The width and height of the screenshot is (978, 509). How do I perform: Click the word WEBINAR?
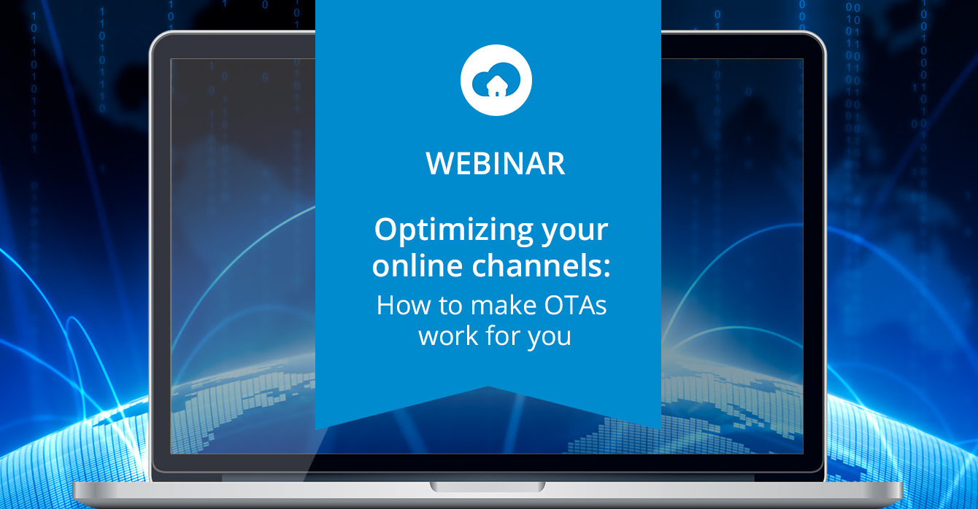coord(496,163)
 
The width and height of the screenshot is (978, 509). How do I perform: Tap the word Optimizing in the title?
coord(454,231)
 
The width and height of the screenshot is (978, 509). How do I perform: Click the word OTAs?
coord(575,306)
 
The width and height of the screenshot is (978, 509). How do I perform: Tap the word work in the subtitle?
coord(448,336)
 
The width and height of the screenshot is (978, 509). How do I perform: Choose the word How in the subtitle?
coord(404,306)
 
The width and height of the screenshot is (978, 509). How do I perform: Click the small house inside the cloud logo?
coord(496,86)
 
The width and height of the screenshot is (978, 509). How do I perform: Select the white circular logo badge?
coord(496,79)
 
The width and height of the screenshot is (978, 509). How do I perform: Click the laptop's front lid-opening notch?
coord(488,486)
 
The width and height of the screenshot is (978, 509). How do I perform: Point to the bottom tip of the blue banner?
coord(488,386)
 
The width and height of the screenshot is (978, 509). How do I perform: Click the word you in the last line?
coord(550,338)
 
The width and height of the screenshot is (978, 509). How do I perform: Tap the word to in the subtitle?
coord(450,306)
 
